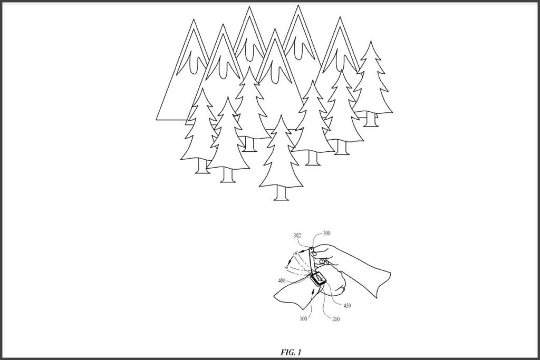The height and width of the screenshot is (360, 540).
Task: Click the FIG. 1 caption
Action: click(x=291, y=353)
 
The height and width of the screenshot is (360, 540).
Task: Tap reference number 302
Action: click(x=297, y=236)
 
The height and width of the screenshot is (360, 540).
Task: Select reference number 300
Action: click(x=326, y=233)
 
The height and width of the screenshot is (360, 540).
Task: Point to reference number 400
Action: click(x=282, y=281)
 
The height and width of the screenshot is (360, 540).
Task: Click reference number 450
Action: click(x=347, y=305)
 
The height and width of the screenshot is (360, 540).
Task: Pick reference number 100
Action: click(x=303, y=319)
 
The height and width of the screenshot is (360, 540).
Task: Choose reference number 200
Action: click(x=335, y=319)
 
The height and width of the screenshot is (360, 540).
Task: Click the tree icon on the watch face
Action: click(x=319, y=277)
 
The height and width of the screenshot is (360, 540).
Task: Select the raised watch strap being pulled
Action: click(x=312, y=260)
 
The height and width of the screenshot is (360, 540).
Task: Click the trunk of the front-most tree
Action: click(x=281, y=194)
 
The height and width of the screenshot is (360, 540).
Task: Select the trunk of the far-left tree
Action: click(x=202, y=167)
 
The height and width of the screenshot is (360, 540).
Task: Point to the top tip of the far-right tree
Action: click(x=371, y=41)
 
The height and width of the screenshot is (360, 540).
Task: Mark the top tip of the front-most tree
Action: click(x=281, y=115)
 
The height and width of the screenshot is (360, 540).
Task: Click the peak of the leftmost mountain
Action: click(x=194, y=20)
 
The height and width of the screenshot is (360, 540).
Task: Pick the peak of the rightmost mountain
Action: click(x=340, y=17)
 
